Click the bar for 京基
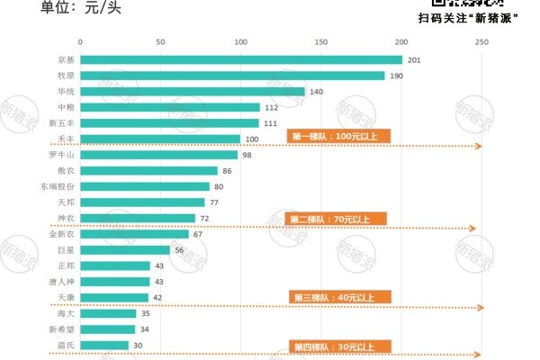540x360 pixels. click(x=241, y=59)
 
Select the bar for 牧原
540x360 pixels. click(x=232, y=76)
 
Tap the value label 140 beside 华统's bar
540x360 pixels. click(x=316, y=92)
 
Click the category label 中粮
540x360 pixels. click(x=66, y=107)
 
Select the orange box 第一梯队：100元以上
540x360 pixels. click(x=338, y=136)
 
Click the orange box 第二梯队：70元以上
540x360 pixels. click(x=337, y=219)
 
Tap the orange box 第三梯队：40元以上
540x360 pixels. click(x=338, y=297)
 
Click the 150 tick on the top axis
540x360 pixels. click(x=321, y=42)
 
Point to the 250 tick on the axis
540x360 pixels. click(x=481, y=42)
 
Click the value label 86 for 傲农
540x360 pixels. click(x=228, y=171)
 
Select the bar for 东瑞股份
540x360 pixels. click(x=144, y=186)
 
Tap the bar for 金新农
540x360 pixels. click(x=134, y=234)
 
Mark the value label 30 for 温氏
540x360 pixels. click(x=138, y=345)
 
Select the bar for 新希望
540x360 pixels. click(x=107, y=329)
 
